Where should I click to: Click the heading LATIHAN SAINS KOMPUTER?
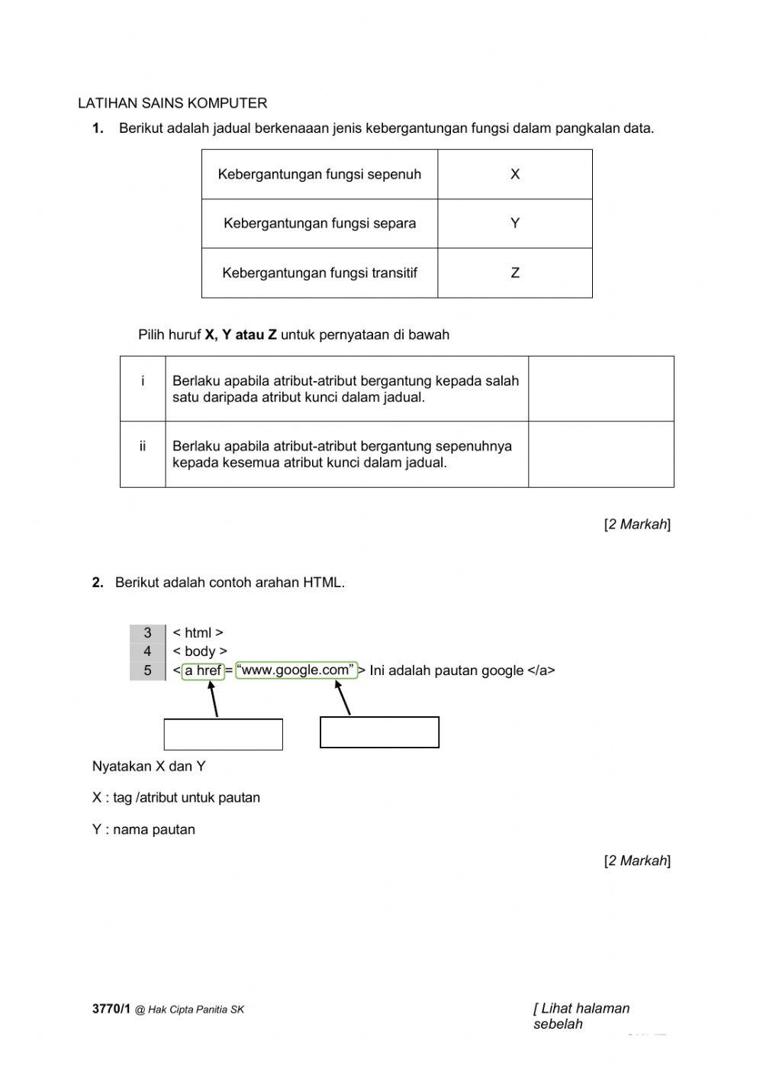(x=172, y=103)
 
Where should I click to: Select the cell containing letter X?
(x=515, y=174)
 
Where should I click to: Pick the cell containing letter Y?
(x=515, y=224)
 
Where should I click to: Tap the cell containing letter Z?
(x=515, y=273)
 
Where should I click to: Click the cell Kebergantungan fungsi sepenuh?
(x=320, y=174)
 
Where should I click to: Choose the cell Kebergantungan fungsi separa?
(x=320, y=224)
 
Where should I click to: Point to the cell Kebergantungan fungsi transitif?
(x=320, y=273)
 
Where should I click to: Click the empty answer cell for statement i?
(x=600, y=389)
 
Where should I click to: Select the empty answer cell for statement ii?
(x=600, y=454)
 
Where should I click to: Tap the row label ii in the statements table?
(x=143, y=447)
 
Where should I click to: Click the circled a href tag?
(x=203, y=670)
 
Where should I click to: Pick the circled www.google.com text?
(x=296, y=670)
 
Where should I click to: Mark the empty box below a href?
(x=223, y=735)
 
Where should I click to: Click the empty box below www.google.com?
(x=379, y=732)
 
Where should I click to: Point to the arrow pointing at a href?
(x=214, y=699)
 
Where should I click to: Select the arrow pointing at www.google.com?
(x=343, y=697)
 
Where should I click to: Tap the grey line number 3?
(x=147, y=633)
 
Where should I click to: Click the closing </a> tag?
(x=541, y=670)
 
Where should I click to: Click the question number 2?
(x=98, y=583)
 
